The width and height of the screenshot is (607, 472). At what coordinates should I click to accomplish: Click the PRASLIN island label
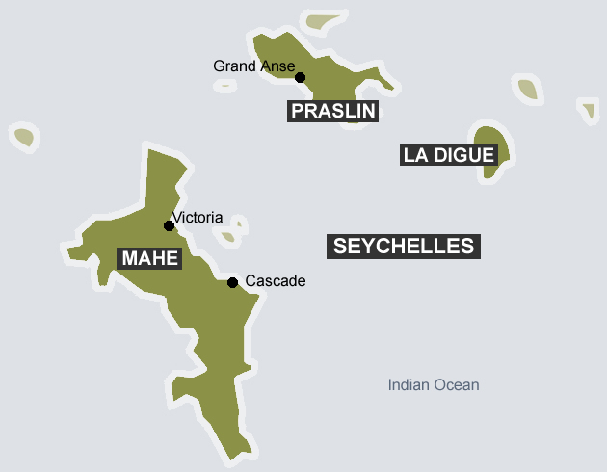coord(333,111)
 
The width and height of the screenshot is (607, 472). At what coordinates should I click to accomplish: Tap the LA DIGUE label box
coord(449,155)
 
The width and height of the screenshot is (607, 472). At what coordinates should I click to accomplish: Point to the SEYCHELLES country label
coord(404,246)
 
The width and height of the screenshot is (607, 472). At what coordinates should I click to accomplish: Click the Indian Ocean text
coord(434,385)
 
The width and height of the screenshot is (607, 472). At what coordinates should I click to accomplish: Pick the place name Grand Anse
coord(248,66)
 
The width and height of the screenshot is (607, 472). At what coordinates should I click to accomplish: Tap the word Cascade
coord(275,281)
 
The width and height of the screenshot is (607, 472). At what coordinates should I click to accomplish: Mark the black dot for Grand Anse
coord(300,77)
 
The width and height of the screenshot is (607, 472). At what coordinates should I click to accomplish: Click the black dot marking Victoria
coord(169,225)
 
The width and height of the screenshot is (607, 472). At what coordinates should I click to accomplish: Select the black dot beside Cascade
coord(232,282)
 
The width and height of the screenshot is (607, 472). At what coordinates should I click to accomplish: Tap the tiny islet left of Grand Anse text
coord(224,85)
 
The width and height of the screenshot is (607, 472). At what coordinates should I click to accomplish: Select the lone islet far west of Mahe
coord(23,137)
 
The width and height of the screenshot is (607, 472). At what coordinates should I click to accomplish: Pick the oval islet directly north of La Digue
coord(526,90)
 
